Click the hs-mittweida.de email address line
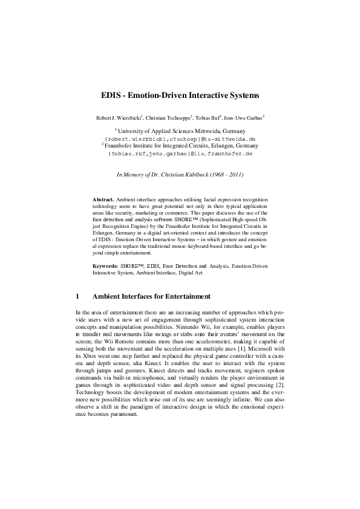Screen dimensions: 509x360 pyautogui.click(x=180, y=138)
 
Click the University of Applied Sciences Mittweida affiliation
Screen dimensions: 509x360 pyautogui.click(x=180, y=131)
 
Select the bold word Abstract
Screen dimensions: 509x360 pyautogui.click(x=103, y=199)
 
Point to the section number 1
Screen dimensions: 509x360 pyautogui.click(x=77, y=297)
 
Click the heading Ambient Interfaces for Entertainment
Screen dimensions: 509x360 pyautogui.click(x=151, y=297)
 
